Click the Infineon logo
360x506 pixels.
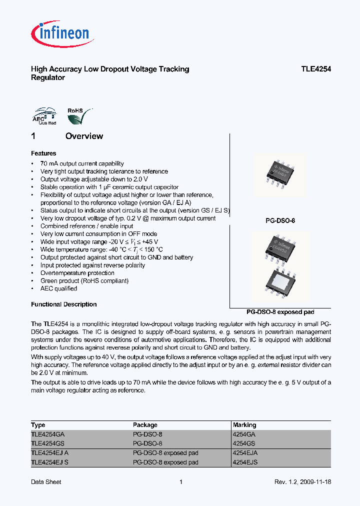pos(60,34)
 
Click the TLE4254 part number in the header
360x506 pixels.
pos(315,69)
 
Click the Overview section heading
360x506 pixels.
pos(84,136)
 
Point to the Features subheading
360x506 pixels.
pos(43,153)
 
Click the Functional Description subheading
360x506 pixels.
pos(63,304)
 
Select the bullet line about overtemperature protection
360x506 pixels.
pos(77,273)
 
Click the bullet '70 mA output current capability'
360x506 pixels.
pos(82,163)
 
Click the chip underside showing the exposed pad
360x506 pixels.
pos(280,286)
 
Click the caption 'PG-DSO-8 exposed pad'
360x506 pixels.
pos(280,312)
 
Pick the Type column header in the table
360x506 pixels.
pos(38,425)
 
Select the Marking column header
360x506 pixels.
pos(244,425)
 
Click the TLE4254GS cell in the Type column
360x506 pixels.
pos(48,443)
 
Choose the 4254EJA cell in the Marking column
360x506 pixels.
pos(245,453)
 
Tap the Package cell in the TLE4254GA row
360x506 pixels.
pos(147,434)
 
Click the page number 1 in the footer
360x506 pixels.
pos(180,482)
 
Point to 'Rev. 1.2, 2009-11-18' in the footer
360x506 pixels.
pos(302,482)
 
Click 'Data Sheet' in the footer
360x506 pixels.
pos(46,482)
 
